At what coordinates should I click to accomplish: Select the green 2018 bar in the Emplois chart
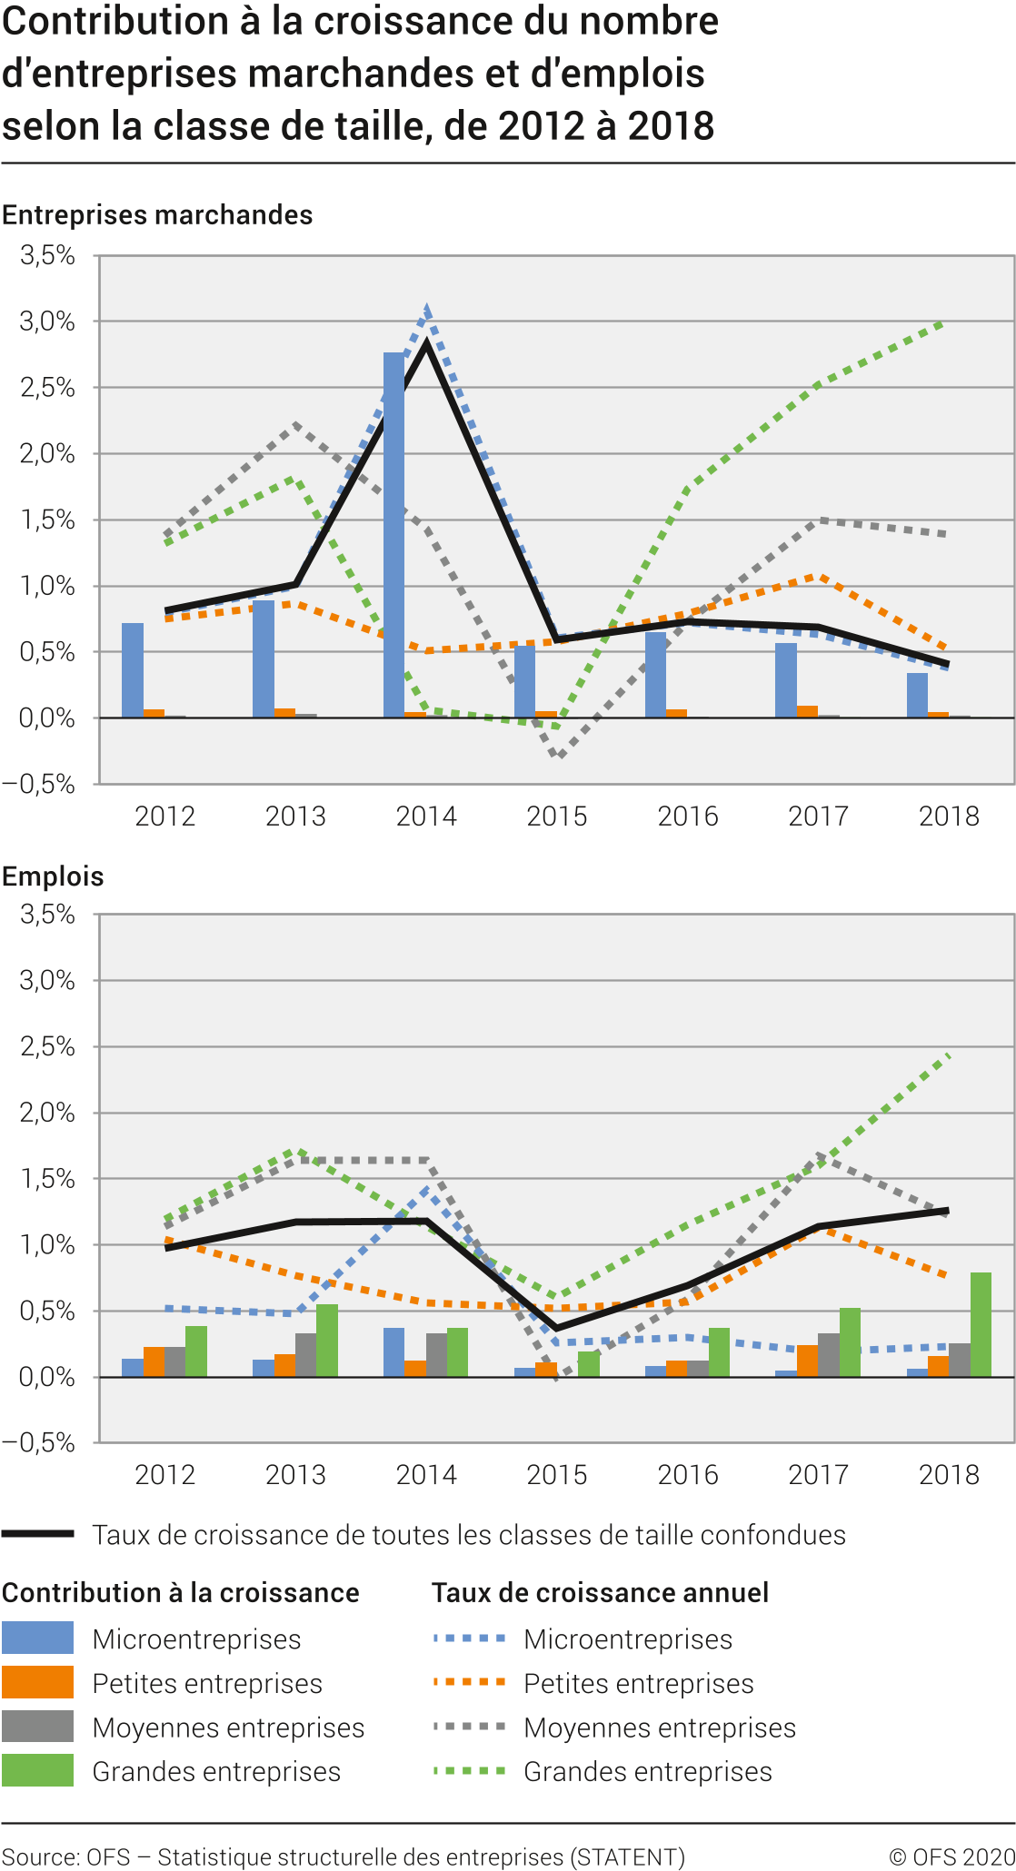[x=981, y=1324]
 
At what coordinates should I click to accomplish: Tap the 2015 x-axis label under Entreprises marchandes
[x=557, y=816]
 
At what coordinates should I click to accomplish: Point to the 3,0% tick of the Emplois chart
[x=47, y=980]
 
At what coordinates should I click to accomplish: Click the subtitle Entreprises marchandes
[x=157, y=215]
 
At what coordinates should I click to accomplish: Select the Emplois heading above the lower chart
[x=53, y=876]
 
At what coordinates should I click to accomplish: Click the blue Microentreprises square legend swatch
[x=37, y=1638]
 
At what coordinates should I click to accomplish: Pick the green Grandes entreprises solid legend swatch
[x=37, y=1770]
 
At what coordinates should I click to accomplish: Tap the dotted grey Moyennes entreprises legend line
[x=469, y=1726]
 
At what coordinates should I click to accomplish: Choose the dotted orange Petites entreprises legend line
[x=469, y=1682]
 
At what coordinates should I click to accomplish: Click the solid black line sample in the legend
[x=37, y=1534]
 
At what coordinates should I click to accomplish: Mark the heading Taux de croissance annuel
[x=600, y=1592]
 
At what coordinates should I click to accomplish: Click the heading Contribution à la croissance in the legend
[x=181, y=1592]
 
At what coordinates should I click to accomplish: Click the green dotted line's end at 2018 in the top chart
[x=945, y=322]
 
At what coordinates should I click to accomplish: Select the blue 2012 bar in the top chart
[x=133, y=669]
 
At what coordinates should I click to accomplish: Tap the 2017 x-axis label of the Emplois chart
[x=818, y=1474]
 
